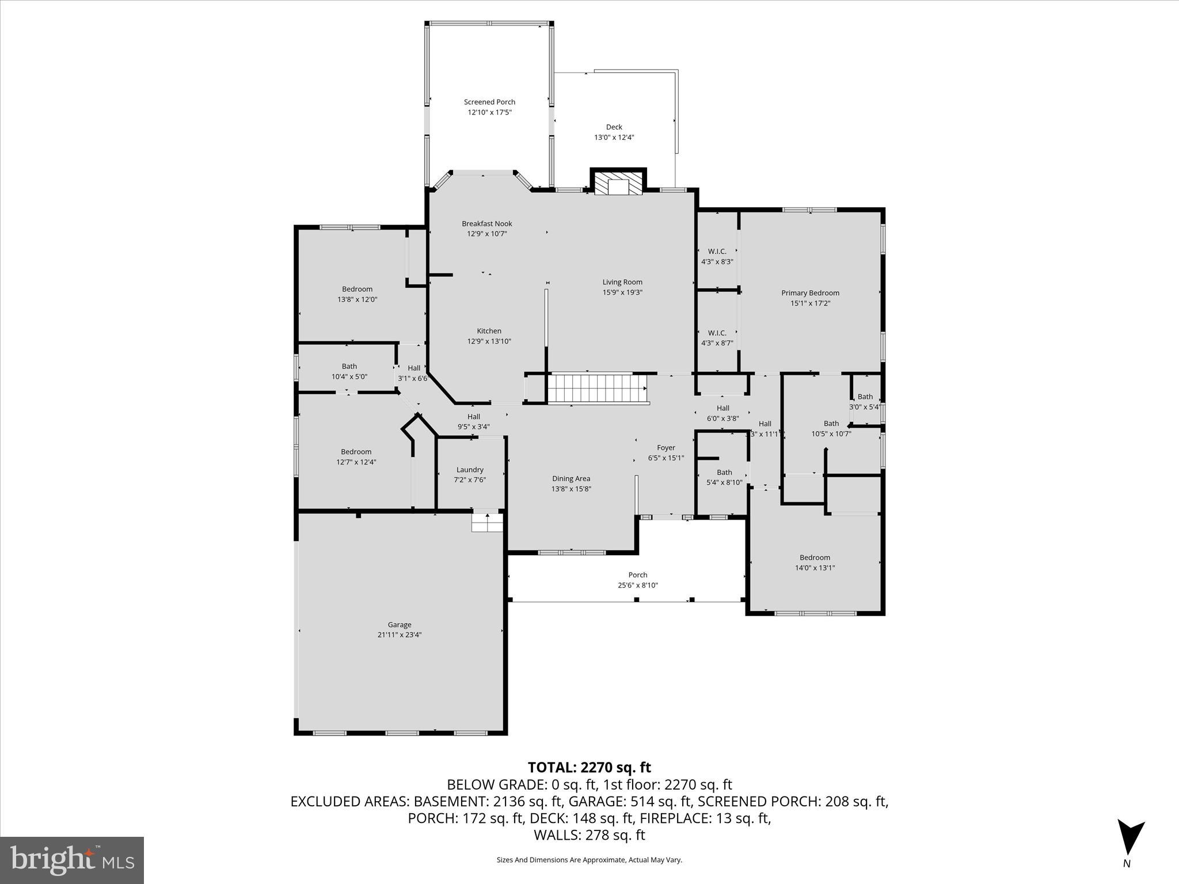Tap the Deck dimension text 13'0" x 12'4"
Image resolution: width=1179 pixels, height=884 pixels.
[614, 138]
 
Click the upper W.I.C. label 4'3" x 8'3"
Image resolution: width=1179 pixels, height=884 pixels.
[717, 256]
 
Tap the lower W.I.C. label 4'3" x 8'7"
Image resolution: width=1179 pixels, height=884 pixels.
[717, 338]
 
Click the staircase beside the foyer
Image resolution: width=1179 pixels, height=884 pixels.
[597, 388]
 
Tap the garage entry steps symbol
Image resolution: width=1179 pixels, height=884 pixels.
[487, 523]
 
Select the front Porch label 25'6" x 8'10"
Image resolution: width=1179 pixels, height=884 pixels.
[637, 580]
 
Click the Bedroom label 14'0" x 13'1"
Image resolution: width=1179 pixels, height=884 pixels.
[815, 562]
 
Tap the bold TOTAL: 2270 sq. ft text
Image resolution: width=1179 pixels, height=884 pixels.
[589, 767]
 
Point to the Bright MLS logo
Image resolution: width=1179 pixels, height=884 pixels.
[72, 859]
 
